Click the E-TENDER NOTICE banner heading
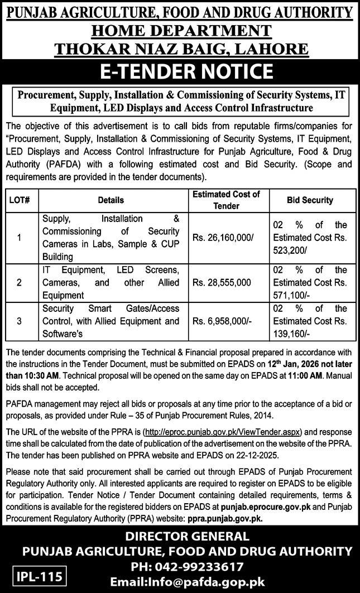[179, 72]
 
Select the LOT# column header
[19, 200]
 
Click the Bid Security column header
[310, 200]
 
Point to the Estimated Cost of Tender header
[226, 200]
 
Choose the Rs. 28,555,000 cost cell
[221, 282]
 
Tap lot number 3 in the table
[19, 321]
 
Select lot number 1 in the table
[19, 237]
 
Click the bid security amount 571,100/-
[291, 295]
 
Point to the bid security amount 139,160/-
[291, 334]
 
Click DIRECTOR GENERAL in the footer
[180, 537]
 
